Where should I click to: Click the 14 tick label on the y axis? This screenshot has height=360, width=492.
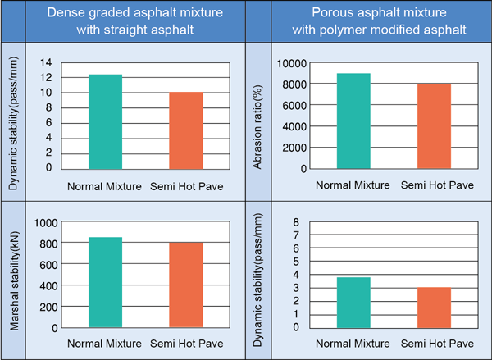click(45, 63)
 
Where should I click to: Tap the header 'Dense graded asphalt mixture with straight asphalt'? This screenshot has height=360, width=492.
click(136, 20)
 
